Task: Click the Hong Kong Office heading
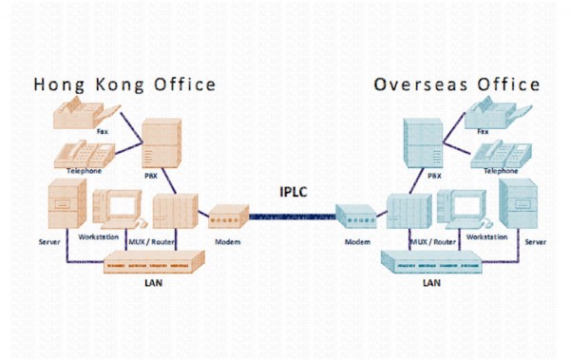coord(124,85)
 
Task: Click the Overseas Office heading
coord(457,85)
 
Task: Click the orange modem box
coord(228,219)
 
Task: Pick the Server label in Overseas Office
coord(535,242)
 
